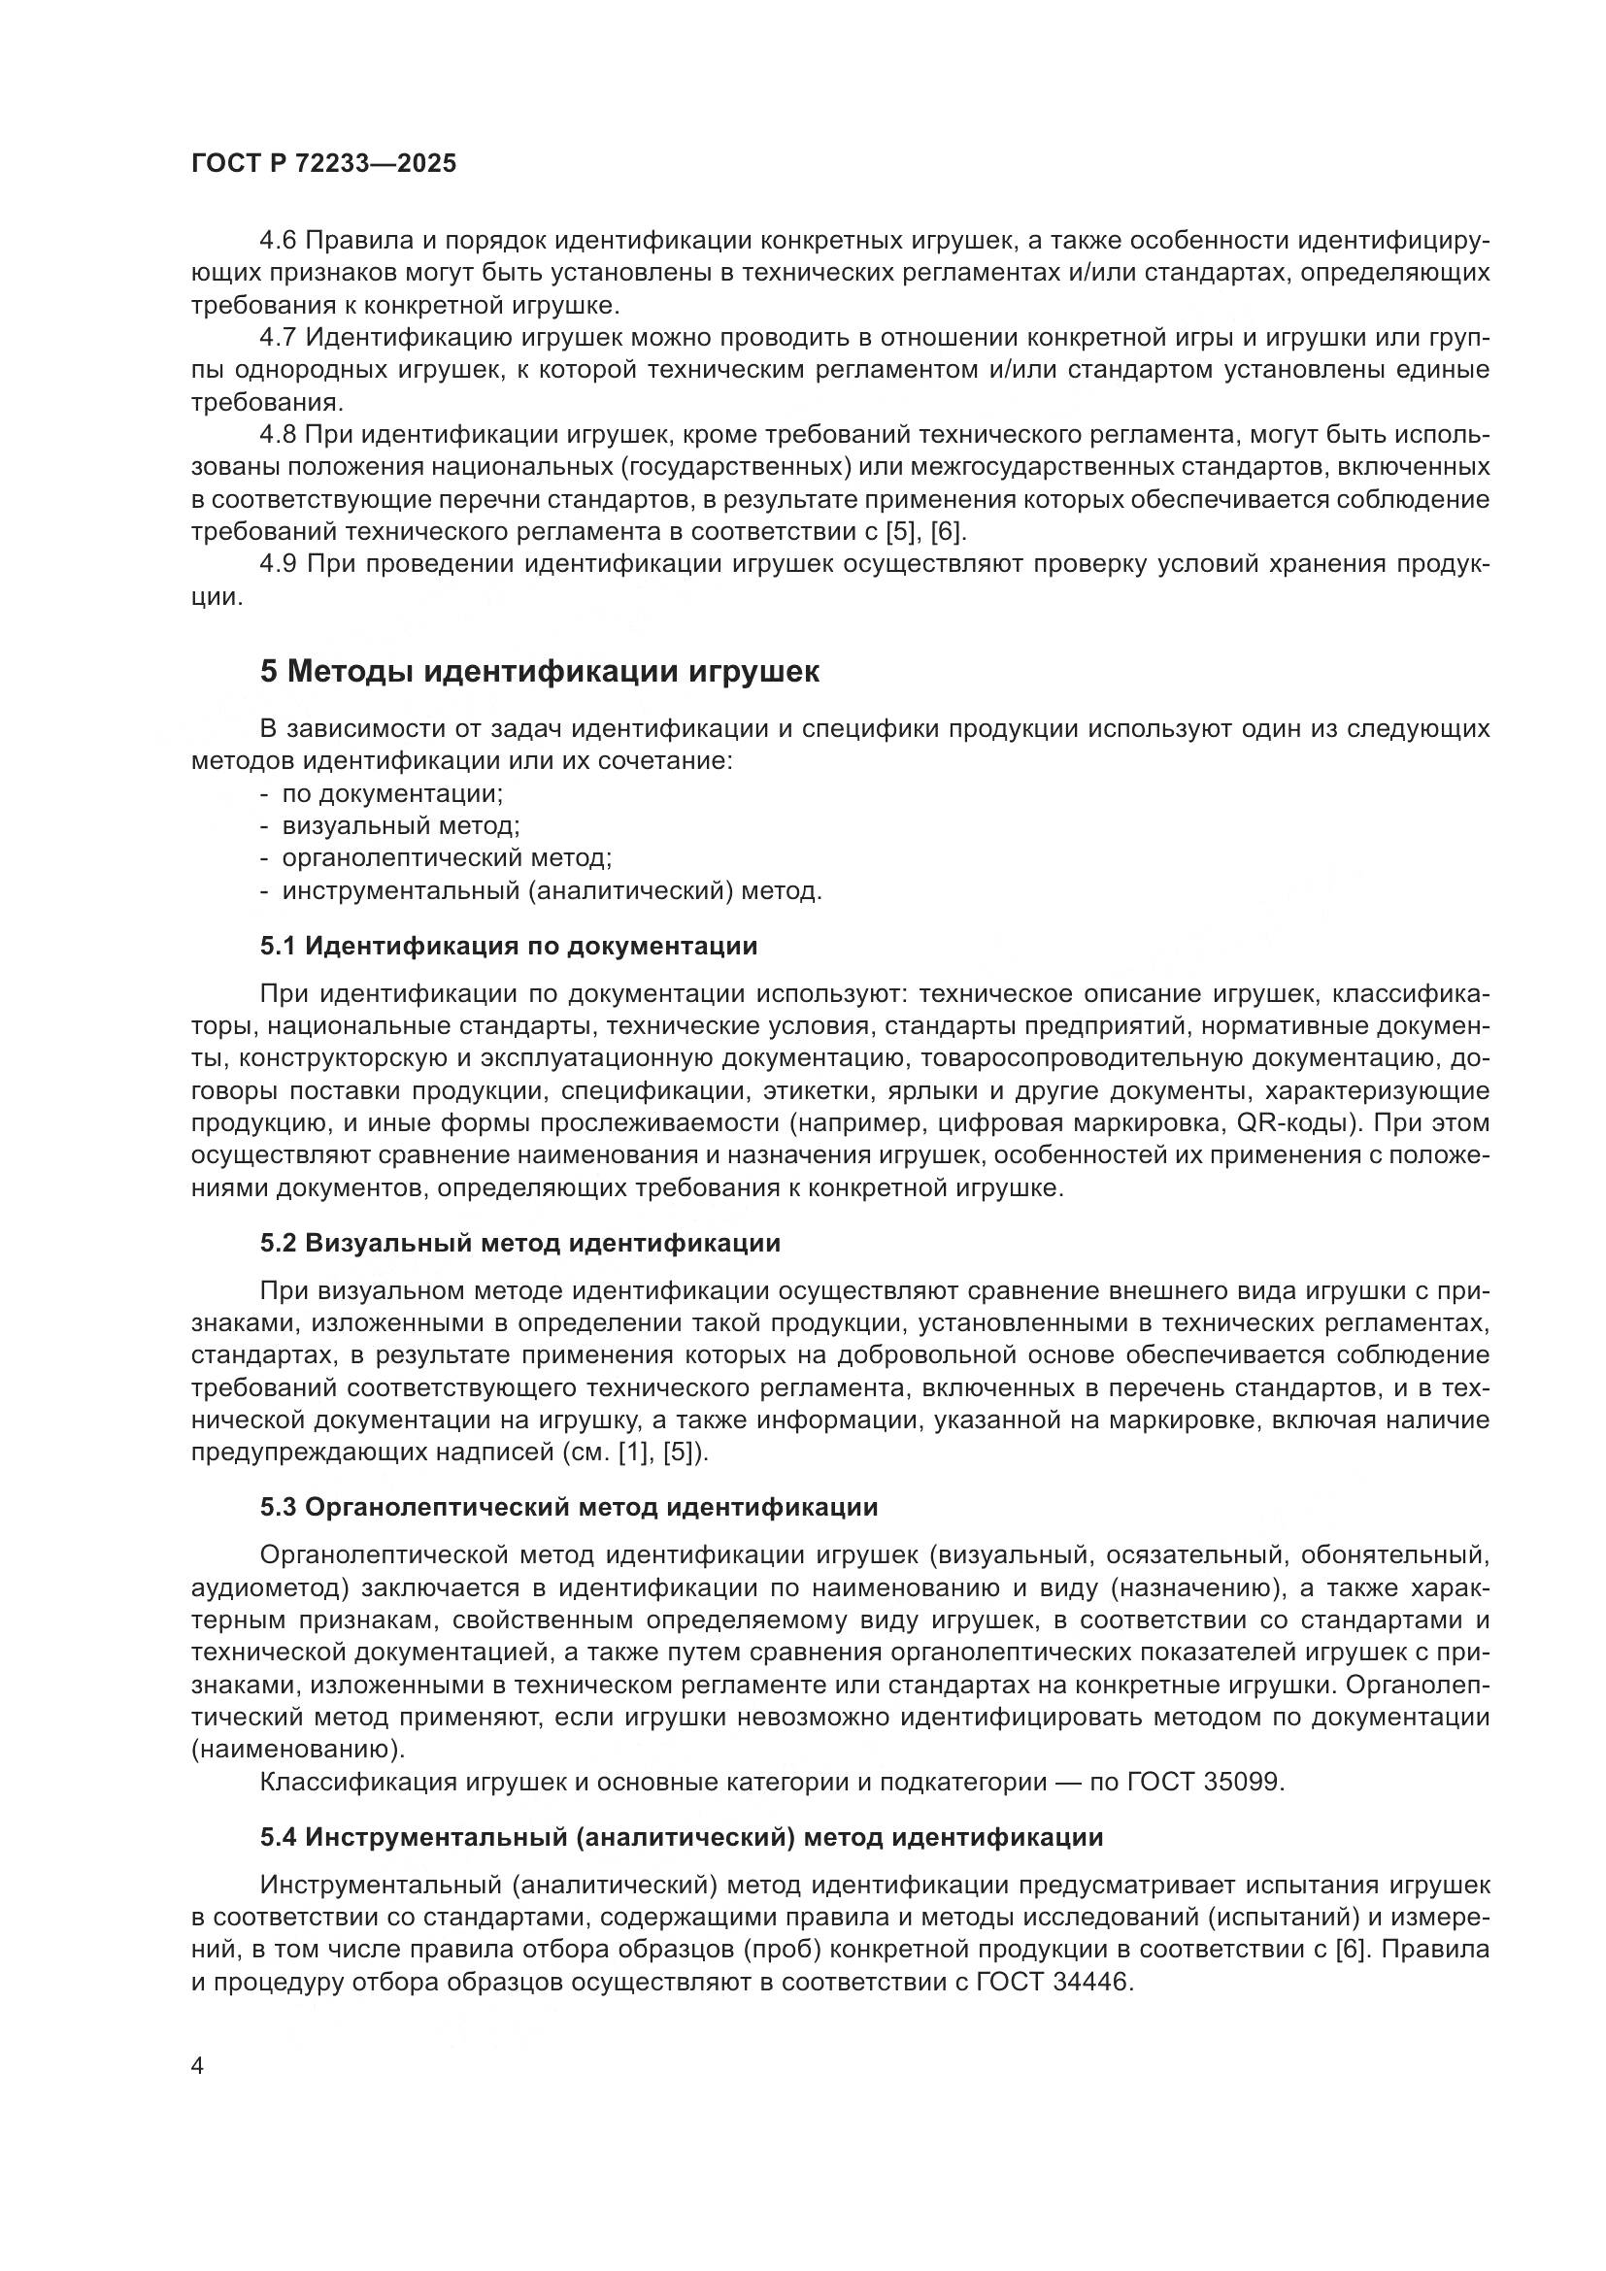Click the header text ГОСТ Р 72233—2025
323,164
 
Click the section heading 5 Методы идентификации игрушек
540,672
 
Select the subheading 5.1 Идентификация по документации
508,946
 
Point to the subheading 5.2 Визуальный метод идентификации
520,1244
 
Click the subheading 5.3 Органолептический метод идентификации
569,1508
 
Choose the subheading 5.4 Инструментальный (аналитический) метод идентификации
682,1838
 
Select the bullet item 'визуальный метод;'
400,826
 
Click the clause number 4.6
278,241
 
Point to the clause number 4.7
278,338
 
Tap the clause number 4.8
278,435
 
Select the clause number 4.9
278,564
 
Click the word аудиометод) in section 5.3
270,1589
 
